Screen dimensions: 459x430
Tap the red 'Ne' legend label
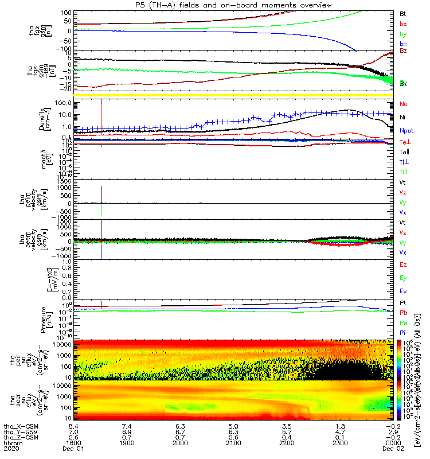click(403, 104)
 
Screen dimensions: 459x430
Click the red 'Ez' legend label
click(403, 265)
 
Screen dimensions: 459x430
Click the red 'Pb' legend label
click(403, 313)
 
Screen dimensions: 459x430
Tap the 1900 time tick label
click(127, 444)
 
